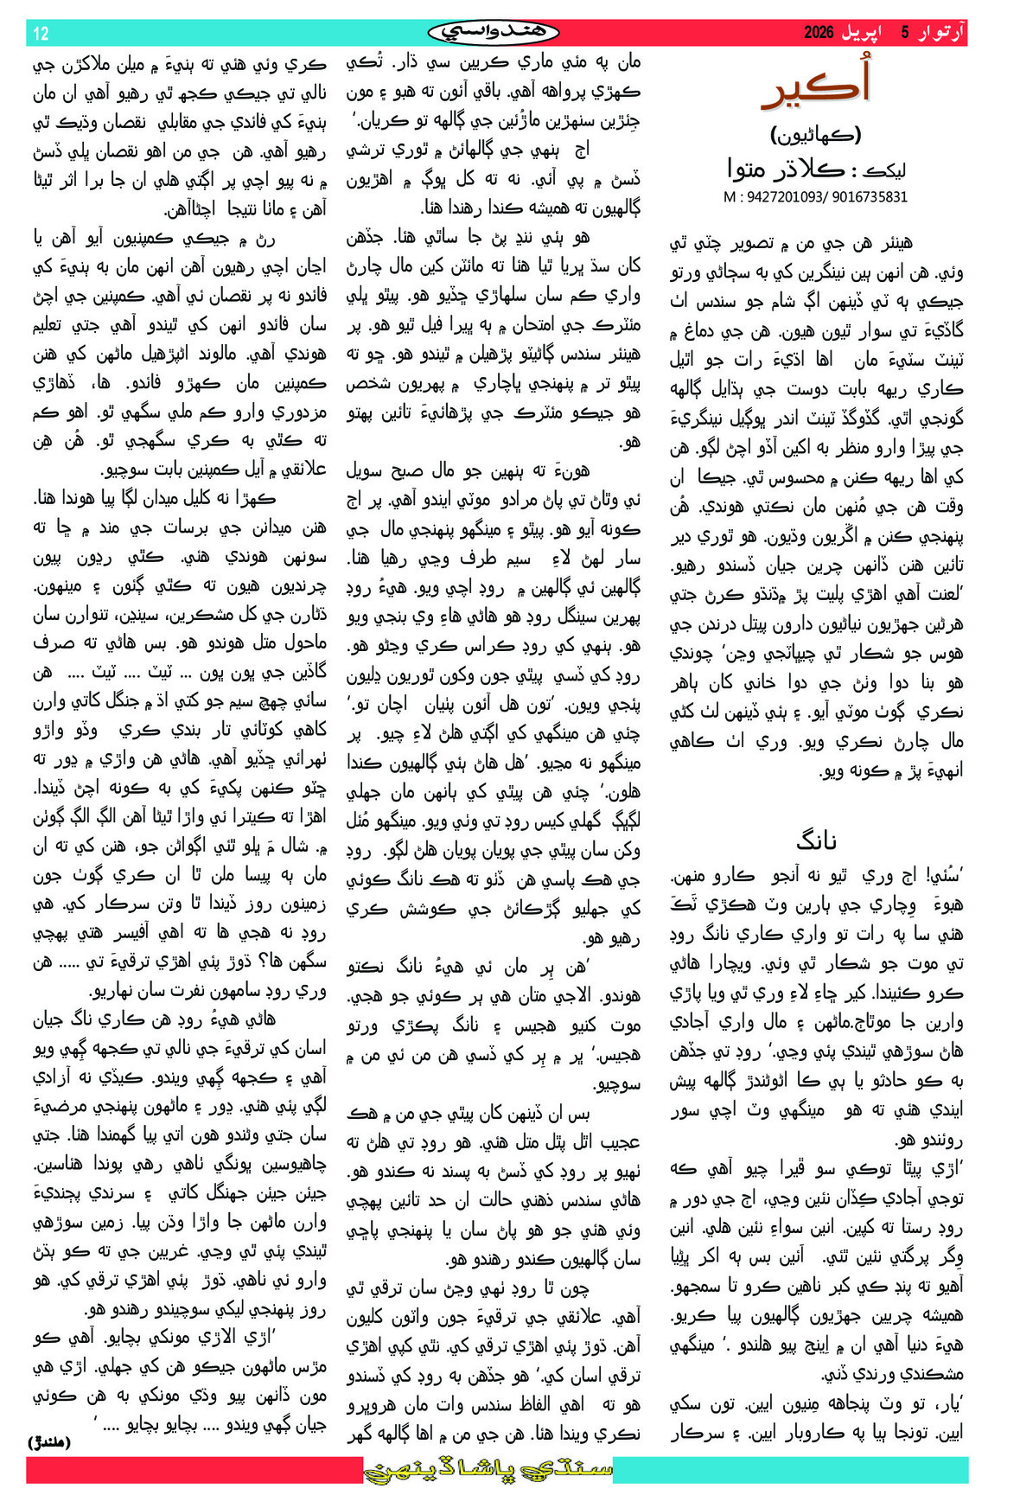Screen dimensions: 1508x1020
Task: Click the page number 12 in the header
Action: (x=41, y=34)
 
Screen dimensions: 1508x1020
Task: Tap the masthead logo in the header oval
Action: (x=494, y=33)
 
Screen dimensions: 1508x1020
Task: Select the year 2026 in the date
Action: (x=818, y=33)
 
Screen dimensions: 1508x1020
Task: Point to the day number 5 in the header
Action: (x=905, y=33)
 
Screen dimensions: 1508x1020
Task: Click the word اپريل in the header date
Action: (x=864, y=33)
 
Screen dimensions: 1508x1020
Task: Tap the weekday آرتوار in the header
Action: (x=940, y=33)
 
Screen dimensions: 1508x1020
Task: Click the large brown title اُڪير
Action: (x=816, y=86)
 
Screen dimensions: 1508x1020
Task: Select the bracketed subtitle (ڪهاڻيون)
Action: (x=816, y=135)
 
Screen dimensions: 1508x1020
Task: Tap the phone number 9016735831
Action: (x=870, y=197)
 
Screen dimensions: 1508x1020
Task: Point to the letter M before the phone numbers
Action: (x=730, y=197)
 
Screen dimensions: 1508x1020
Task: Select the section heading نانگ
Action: (x=816, y=840)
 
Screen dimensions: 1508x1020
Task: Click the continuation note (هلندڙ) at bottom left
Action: (x=50, y=1441)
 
